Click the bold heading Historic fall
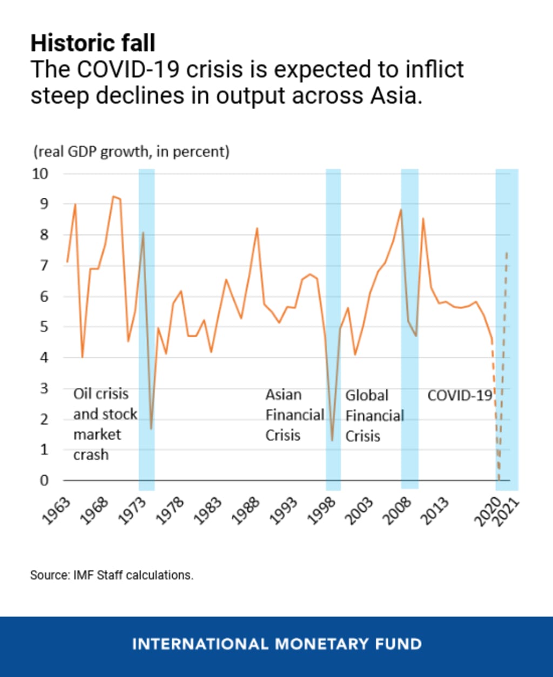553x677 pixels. pyautogui.click(x=92, y=43)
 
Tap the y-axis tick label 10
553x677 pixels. pyautogui.click(x=41, y=174)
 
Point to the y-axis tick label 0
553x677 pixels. pyautogui.click(x=44, y=480)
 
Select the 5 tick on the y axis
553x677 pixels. pyautogui.click(x=44, y=327)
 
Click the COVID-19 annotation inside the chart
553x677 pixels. pyautogui.click(x=460, y=396)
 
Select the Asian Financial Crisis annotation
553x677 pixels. pyautogui.click(x=294, y=415)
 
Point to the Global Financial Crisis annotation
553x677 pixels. pyautogui.click(x=374, y=415)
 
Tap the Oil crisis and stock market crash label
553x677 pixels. pyautogui.click(x=105, y=425)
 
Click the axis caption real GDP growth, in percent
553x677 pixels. pyautogui.click(x=132, y=152)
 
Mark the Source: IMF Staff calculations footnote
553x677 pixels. pyautogui.click(x=111, y=575)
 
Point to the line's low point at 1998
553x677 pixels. pyautogui.click(x=332, y=440)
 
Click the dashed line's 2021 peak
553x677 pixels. pyautogui.click(x=507, y=252)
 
